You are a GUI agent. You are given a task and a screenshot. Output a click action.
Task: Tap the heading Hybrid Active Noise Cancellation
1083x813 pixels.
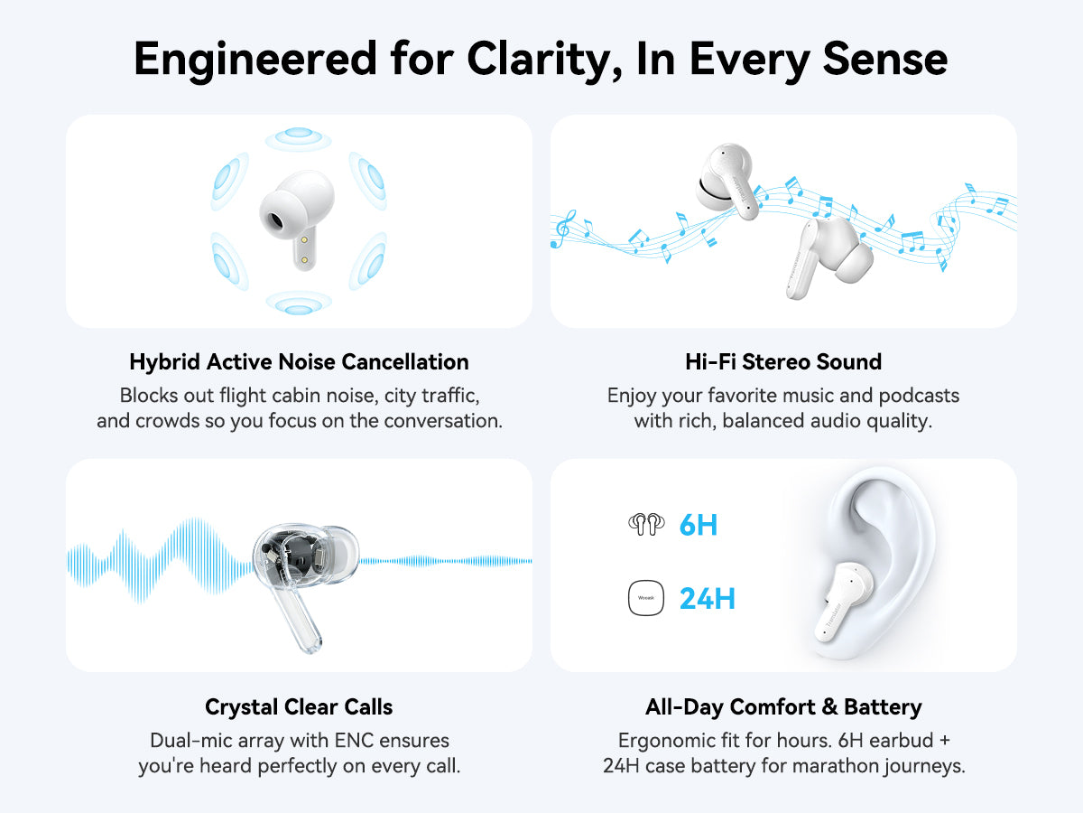pyautogui.click(x=299, y=362)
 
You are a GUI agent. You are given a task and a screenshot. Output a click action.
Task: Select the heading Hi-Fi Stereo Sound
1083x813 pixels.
pyautogui.click(x=783, y=362)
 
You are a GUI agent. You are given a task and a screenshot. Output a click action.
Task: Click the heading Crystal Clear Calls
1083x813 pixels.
pyautogui.click(x=299, y=707)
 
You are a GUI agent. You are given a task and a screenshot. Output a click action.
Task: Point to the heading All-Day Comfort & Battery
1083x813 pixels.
pyautogui.click(x=783, y=707)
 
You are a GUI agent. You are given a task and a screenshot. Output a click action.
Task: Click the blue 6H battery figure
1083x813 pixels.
pyautogui.click(x=699, y=525)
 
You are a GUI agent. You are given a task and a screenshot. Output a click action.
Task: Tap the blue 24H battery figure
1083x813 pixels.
pyautogui.click(x=708, y=599)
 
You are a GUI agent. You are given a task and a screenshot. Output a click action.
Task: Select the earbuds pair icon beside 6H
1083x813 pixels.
pyautogui.click(x=646, y=524)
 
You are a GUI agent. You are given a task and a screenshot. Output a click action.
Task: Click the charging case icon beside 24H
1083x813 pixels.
pyautogui.click(x=646, y=598)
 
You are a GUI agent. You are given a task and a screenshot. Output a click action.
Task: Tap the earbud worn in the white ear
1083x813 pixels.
pyautogui.click(x=842, y=602)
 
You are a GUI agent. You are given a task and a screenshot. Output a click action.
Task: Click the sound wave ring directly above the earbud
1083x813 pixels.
pyautogui.click(x=298, y=139)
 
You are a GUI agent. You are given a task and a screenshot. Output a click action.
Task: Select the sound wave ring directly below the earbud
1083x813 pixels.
pyautogui.click(x=299, y=303)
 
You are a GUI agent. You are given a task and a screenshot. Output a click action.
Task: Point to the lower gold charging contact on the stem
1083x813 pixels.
pyautogui.click(x=304, y=259)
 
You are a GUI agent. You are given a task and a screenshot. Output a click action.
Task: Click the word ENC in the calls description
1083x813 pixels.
pyautogui.click(x=354, y=741)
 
